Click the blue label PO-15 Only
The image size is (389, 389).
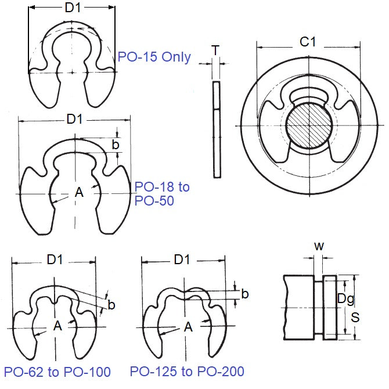[154, 57]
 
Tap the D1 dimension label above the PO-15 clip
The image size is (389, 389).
[73, 8]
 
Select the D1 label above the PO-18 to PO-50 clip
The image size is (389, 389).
[74, 119]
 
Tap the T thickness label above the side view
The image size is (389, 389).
[216, 51]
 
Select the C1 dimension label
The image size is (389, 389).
[308, 42]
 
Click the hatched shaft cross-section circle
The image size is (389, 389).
[308, 125]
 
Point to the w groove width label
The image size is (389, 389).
[319, 246]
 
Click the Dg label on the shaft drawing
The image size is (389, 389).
[346, 299]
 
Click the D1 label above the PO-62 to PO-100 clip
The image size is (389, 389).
[55, 260]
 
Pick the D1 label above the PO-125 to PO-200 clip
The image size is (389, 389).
[182, 260]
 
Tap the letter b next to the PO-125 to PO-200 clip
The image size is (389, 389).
[245, 294]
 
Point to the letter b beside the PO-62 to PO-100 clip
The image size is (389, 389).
[111, 305]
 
